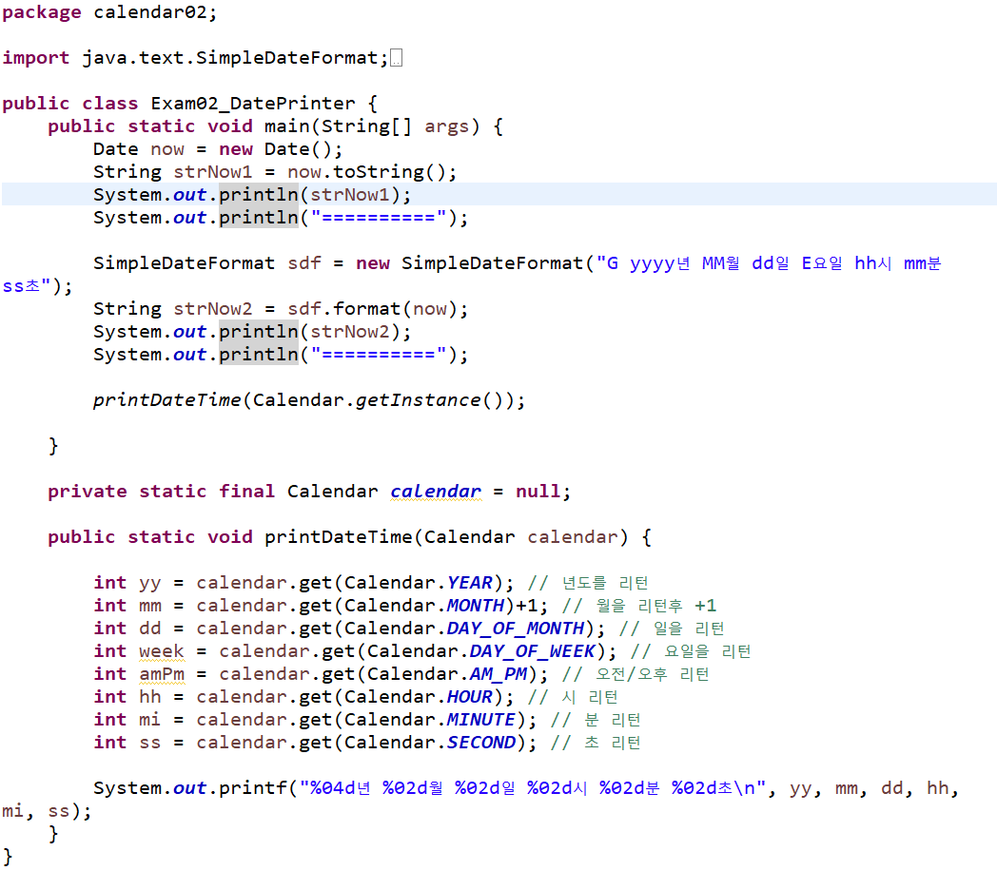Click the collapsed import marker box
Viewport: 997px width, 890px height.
pyautogui.click(x=397, y=59)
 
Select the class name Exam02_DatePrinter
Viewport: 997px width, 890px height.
pyautogui.click(x=253, y=104)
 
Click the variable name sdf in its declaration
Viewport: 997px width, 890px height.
pyautogui.click(x=304, y=263)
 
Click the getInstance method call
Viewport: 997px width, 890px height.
pyautogui.click(x=419, y=400)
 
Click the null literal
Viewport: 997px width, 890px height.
pyautogui.click(x=538, y=492)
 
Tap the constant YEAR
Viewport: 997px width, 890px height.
pyautogui.click(x=470, y=583)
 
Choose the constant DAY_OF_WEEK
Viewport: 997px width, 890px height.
pyautogui.click(x=533, y=651)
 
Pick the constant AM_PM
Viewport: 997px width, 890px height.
pyautogui.click(x=498, y=674)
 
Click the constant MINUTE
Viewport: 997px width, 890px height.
pyautogui.click(x=481, y=720)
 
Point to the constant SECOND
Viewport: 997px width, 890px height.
pyautogui.click(x=481, y=743)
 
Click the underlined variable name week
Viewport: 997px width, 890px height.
pyautogui.click(x=162, y=651)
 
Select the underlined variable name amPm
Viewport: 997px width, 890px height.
pyautogui.click(x=162, y=674)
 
